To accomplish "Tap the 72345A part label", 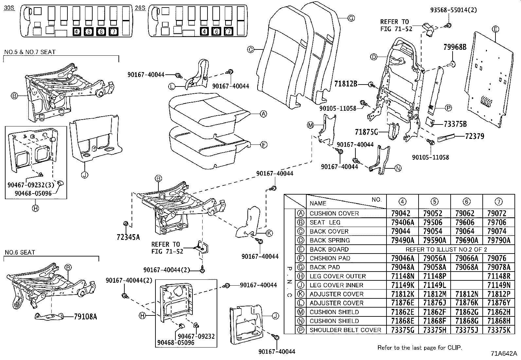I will click(x=128, y=237).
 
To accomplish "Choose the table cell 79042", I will click(x=400, y=213).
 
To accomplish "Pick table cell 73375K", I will click(x=498, y=330).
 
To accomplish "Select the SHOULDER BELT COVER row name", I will click(x=345, y=330).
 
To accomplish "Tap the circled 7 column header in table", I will click(x=499, y=201).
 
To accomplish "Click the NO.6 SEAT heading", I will click(x=20, y=253).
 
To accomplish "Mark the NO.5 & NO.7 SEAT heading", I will click(x=30, y=52).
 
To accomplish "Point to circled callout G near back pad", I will click(x=351, y=18).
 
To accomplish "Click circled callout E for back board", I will click(x=495, y=29).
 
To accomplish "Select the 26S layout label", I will click(x=140, y=8).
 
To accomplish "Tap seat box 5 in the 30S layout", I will click(x=88, y=32).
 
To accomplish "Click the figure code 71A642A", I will click(x=503, y=353).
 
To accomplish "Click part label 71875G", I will click(x=366, y=132).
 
